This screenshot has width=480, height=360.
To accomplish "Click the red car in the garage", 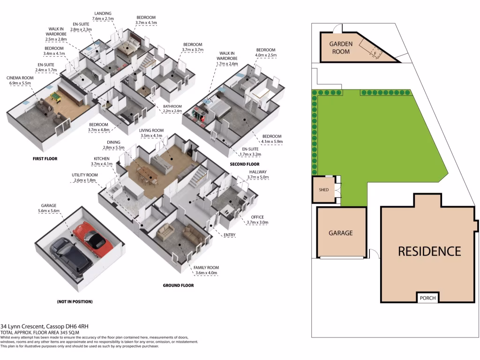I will pos(91,237).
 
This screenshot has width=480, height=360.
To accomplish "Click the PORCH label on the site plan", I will pos(427,298).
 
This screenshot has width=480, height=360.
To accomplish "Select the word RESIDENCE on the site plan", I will pos(429,251).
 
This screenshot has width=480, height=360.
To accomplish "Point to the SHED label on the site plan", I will pos(324,190).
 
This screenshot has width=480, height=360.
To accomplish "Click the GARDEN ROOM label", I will pos(341,48).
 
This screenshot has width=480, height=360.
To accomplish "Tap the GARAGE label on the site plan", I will pos(340,233).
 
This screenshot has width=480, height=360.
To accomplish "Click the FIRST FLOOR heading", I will pos(45,159).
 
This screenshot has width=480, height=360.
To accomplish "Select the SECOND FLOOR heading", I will pos(244,165).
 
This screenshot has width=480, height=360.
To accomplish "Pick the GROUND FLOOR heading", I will pos(178,285).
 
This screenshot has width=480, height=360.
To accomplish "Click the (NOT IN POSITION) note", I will pos(75,301).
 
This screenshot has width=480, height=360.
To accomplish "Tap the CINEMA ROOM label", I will pos(19,78).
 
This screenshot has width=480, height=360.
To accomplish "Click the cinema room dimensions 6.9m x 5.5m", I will pos(19,83).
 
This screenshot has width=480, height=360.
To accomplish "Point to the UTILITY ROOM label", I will pos(84,174).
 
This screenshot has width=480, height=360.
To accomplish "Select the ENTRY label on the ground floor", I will pos(230,235).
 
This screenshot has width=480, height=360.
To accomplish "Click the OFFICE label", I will pos(257,217).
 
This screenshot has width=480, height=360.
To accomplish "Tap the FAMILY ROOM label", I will pos(207,268).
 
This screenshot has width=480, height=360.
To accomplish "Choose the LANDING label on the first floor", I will pos(102,13).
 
